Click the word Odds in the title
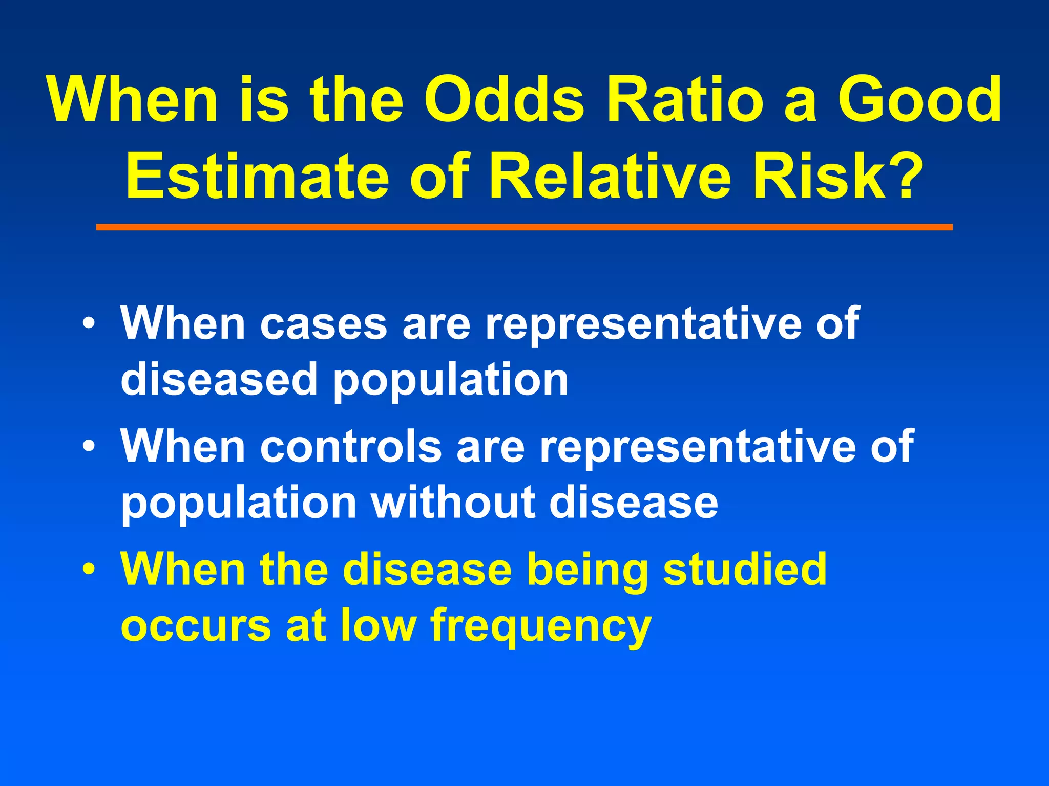[505, 100]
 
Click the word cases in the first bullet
[324, 324]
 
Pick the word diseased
[219, 380]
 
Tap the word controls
[351, 447]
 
